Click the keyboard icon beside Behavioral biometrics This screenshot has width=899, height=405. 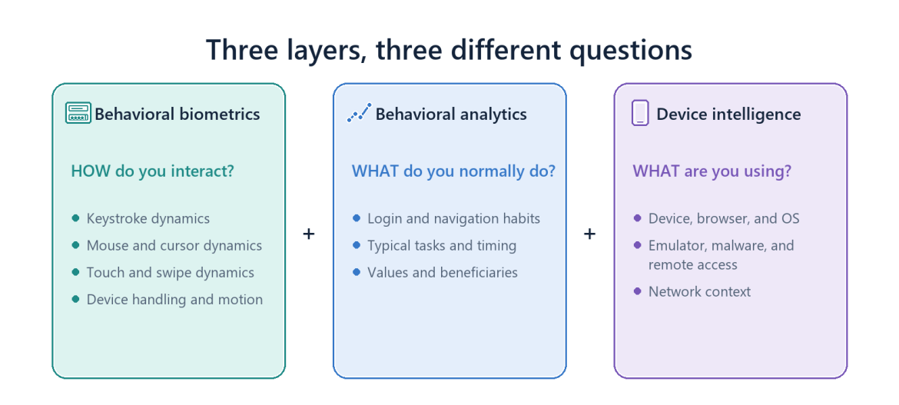tap(78, 113)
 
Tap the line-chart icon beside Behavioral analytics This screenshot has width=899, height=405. tap(360, 113)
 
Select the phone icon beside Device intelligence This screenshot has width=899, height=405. tap(640, 112)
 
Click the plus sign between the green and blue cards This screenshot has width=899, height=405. tap(309, 234)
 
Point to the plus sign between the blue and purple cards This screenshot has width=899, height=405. tap(590, 234)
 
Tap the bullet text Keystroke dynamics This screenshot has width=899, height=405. tap(148, 218)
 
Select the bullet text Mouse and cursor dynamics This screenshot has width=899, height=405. tap(174, 245)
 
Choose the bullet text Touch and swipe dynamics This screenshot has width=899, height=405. tap(171, 273)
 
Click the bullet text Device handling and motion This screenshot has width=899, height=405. tap(175, 300)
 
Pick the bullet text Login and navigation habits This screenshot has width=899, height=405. tap(453, 218)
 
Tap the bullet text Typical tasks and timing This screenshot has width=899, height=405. tap(442, 245)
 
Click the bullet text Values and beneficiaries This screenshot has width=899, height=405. tap(443, 273)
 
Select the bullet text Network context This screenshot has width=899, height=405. tap(699, 291)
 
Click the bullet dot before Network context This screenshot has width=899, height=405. tap(637, 291)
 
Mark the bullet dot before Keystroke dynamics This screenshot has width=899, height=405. tap(75, 218)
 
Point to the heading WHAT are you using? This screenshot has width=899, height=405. tap(712, 171)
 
